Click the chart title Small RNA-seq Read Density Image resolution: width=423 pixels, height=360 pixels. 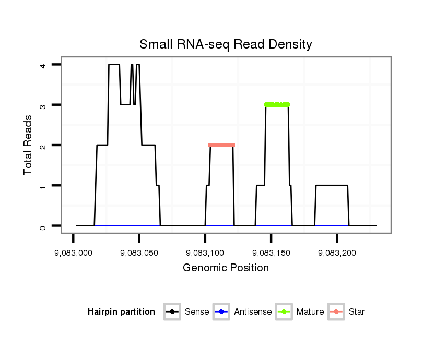[226, 44]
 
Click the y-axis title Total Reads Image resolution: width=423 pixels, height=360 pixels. [28, 145]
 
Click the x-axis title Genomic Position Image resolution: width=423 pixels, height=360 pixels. [226, 268]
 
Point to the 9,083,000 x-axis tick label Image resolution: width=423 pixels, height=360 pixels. [73, 253]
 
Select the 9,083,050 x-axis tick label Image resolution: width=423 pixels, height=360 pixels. [139, 253]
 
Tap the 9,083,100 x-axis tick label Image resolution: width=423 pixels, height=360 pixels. [205, 253]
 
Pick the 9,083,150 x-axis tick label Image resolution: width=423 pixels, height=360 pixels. [271, 253]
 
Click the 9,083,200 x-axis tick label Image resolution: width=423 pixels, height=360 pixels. [337, 253]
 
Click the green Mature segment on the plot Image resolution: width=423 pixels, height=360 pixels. [277, 105]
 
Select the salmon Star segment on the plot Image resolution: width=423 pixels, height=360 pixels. [221, 145]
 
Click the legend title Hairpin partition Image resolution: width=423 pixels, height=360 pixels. [121, 312]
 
